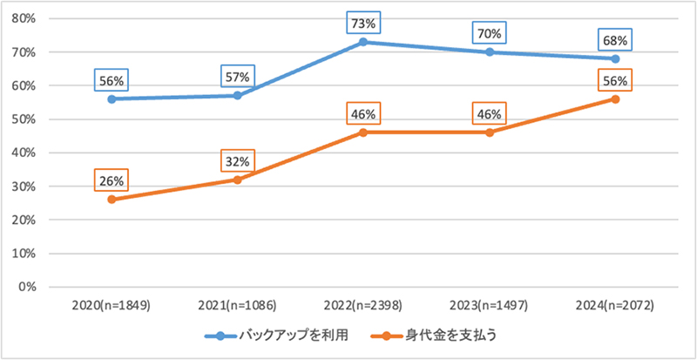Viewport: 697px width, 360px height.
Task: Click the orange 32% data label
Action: click(239, 162)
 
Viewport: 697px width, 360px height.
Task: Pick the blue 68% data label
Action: click(615, 41)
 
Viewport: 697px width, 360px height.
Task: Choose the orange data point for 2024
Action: click(615, 99)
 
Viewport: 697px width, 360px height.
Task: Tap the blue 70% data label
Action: click(490, 34)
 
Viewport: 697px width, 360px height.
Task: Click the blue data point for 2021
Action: click(239, 95)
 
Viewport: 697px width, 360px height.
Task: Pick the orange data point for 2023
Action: click(490, 132)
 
